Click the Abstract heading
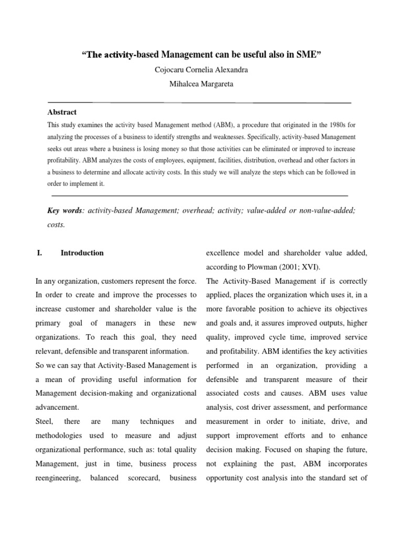tap(62, 112)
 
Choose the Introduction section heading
tap(82, 253)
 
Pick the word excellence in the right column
tap(224, 253)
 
